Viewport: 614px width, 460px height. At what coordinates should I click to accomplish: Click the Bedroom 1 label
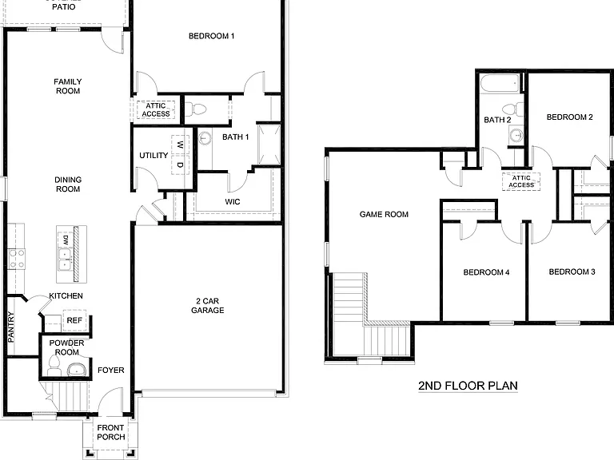point(211,36)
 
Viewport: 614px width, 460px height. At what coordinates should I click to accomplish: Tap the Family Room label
point(67,86)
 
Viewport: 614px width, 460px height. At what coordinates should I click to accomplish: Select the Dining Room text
point(67,184)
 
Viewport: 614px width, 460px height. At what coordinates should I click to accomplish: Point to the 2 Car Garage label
point(207,305)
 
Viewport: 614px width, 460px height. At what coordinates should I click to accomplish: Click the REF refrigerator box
point(74,320)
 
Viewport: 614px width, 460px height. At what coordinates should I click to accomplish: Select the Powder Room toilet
point(54,366)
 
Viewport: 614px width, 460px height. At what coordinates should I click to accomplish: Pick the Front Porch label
point(110,433)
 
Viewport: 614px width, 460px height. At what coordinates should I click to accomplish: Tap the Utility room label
point(153,155)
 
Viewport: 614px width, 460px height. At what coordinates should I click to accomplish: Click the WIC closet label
point(233,202)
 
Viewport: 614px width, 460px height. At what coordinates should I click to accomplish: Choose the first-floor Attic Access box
point(156,109)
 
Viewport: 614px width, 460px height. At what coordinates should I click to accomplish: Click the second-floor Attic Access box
point(521,181)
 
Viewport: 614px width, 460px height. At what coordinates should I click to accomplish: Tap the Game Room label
point(384,214)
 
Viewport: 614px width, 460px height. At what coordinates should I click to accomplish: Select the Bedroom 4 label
point(486,272)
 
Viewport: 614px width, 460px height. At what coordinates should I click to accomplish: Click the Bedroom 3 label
point(572,272)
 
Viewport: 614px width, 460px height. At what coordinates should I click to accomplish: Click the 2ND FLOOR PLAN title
point(468,386)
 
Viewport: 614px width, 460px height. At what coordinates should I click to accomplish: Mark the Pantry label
point(11,326)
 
